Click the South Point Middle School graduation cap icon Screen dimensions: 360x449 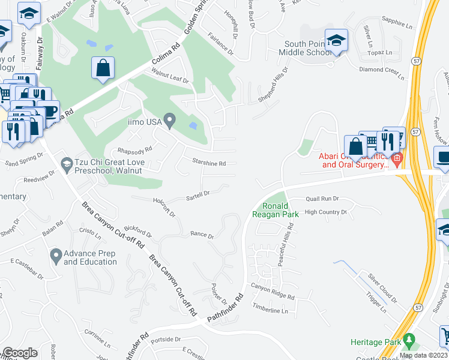336,41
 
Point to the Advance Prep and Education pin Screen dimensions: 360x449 55,256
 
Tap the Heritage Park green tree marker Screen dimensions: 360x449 409,341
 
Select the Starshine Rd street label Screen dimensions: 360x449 208,163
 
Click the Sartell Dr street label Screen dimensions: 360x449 197,194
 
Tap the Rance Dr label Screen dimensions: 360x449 202,236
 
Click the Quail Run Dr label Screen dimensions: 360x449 322,199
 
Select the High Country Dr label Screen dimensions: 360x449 326,212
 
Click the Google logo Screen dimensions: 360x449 20,353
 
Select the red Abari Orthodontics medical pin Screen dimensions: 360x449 397,160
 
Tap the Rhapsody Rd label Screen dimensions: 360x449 135,151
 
